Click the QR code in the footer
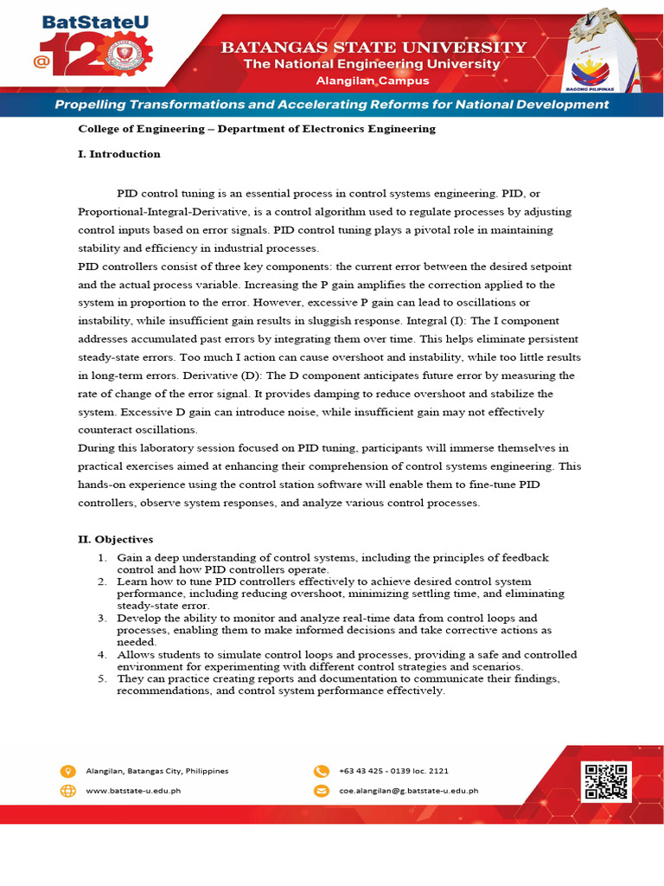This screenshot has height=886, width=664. [605, 780]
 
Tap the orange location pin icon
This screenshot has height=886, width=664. [68, 771]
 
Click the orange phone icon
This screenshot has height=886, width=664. [321, 771]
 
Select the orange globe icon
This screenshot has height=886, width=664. [68, 790]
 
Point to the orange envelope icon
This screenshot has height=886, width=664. [321, 790]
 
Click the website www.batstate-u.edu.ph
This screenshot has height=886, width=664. [134, 790]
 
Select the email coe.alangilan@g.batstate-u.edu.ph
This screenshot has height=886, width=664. [408, 790]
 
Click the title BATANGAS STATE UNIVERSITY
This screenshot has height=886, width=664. [373, 48]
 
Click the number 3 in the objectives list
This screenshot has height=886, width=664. [101, 619]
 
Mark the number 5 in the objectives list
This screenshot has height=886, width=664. [101, 679]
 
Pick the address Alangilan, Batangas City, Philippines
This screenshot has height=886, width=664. [157, 771]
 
